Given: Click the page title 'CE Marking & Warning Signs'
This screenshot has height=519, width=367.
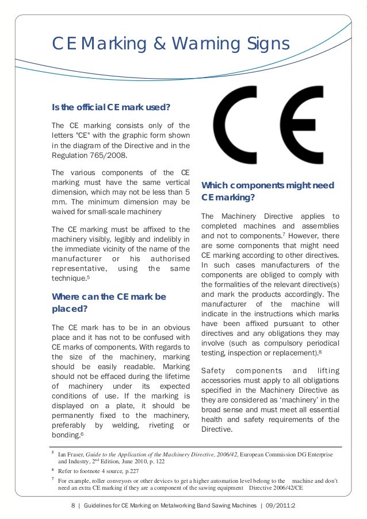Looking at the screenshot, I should [x=170, y=43].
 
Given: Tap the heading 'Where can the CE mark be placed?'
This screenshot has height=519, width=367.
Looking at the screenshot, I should [x=109, y=303].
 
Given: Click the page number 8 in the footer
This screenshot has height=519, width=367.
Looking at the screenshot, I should [x=73, y=506].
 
